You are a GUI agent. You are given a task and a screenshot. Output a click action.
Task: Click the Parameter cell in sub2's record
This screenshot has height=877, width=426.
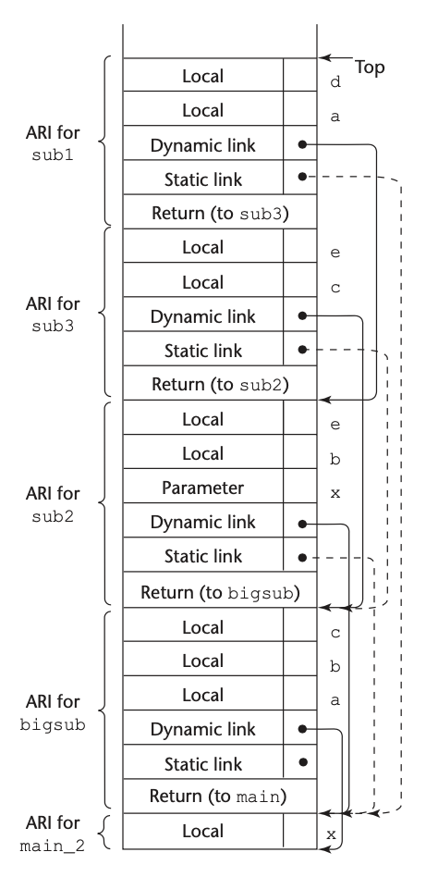click(203, 488)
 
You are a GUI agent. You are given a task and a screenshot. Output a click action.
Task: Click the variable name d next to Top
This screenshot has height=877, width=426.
click(335, 81)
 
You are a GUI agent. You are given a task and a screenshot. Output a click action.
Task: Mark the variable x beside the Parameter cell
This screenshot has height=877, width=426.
click(335, 493)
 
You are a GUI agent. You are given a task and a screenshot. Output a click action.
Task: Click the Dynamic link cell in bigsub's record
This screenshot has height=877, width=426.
click(203, 728)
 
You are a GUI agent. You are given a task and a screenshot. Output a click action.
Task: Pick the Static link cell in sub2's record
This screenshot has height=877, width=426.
click(203, 557)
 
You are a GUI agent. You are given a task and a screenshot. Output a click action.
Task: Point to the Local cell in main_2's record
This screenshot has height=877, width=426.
click(203, 831)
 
